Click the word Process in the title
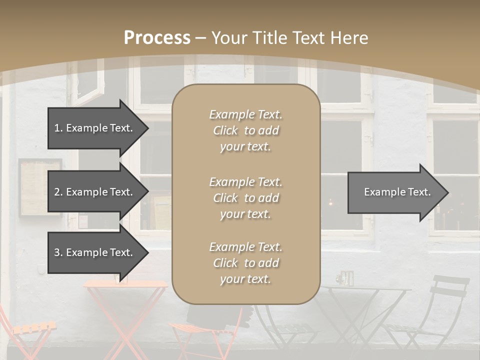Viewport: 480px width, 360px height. point(157,38)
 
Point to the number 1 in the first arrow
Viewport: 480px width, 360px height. point(57,128)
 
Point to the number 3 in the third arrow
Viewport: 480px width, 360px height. point(57,252)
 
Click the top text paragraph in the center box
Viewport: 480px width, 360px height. point(245,130)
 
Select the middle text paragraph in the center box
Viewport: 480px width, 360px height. point(245,198)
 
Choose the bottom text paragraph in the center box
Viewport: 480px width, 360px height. point(245,263)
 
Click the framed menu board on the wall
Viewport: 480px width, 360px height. point(40,187)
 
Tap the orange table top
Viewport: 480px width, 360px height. point(125,284)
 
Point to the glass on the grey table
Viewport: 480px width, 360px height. point(345,278)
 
